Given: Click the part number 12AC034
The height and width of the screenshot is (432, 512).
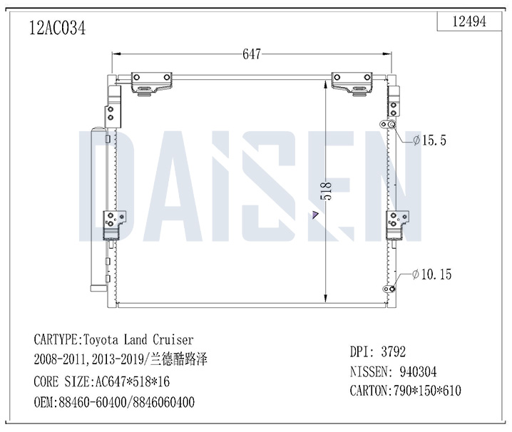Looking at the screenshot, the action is click(x=58, y=28).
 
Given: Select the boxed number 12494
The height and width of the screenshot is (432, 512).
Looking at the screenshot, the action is click(x=469, y=22).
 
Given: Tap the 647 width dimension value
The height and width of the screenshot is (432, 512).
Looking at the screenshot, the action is click(x=252, y=54).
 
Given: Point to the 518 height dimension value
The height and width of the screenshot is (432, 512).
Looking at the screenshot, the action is click(x=326, y=191).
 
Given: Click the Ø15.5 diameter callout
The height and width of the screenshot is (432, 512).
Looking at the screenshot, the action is click(x=429, y=140).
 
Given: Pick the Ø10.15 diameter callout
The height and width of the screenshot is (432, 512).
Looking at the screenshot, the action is click(x=431, y=274).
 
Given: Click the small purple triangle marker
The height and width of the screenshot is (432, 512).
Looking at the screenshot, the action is click(x=315, y=215).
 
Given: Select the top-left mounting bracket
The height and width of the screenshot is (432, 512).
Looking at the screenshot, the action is click(x=151, y=84).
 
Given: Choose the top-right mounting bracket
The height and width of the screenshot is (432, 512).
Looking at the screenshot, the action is click(x=352, y=84).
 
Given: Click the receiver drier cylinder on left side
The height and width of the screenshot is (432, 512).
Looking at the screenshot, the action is click(x=98, y=209).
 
